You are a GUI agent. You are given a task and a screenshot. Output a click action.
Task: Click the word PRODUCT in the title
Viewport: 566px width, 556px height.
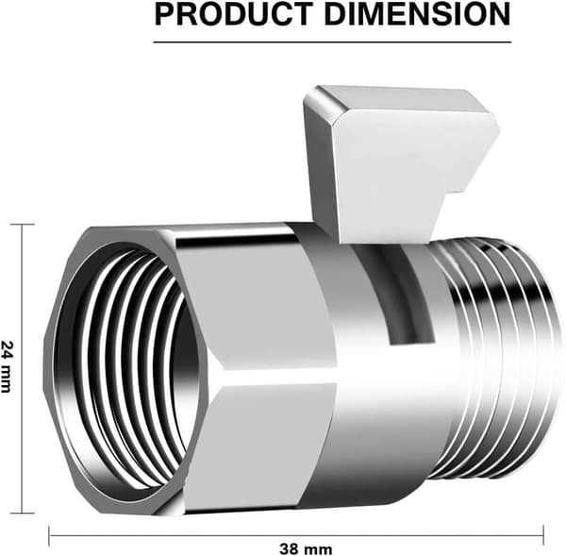pos(234,14)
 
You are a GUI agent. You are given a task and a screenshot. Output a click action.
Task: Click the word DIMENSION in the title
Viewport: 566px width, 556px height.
pos(417,14)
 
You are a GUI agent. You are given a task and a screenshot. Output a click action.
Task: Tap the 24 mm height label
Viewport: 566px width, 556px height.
pos(7,366)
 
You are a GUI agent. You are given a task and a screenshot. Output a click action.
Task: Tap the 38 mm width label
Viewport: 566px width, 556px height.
pos(306,549)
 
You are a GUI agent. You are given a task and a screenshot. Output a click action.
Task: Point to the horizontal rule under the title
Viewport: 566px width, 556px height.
pos(332,42)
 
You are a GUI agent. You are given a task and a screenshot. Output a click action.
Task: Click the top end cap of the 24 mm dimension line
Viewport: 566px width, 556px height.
pos(23,225)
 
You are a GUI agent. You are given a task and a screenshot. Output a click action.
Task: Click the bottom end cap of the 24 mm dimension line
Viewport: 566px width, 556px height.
pos(23,513)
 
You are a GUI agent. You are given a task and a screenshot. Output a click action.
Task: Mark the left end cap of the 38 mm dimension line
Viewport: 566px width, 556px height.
pos(49,535)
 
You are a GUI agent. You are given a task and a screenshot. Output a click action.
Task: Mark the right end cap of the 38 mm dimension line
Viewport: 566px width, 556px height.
pos(543,535)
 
